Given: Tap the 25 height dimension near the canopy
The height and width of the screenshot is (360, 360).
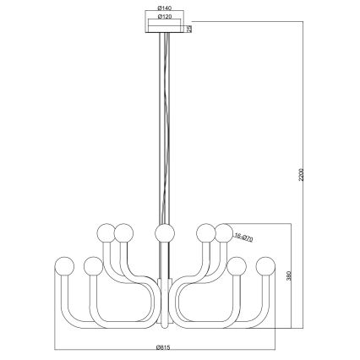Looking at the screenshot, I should (x=190, y=28).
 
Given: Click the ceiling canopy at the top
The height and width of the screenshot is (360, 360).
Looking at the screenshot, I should (x=165, y=30).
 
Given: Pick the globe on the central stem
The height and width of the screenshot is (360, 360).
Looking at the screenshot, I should (x=164, y=232).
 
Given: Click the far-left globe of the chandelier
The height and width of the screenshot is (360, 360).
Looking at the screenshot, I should (x=63, y=263).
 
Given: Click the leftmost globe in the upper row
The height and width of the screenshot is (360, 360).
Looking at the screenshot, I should (x=106, y=232).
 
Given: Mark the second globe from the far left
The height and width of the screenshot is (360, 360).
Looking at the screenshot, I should (x=92, y=267).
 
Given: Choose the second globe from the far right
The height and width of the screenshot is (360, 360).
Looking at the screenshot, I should (x=237, y=267).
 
